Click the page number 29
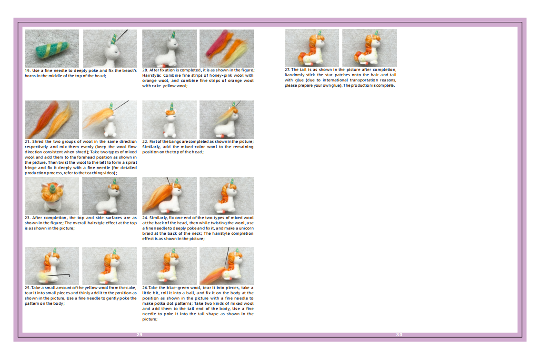[x=140, y=334]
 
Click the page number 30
[x=399, y=334]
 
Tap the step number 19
[x=28, y=70]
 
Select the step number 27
[x=287, y=70]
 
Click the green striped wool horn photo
[x=52, y=48]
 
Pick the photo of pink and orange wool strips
[x=227, y=48]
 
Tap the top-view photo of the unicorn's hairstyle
[x=52, y=196]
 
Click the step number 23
[x=28, y=218]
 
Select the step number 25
[x=28, y=288]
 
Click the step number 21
[x=28, y=141]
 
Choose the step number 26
[x=145, y=288]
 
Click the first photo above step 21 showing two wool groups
[x=52, y=120]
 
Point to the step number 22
[x=145, y=141]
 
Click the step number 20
[x=145, y=70]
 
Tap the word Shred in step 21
[x=38, y=141]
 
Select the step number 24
[x=145, y=218]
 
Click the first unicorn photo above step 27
[x=312, y=48]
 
